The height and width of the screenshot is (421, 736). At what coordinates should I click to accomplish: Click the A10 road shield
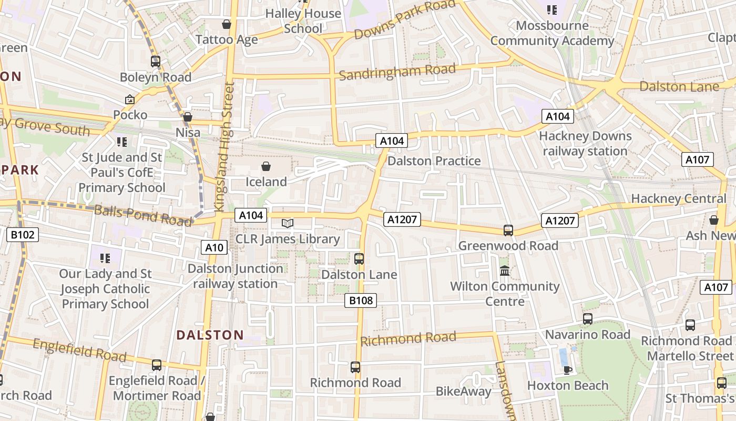click(214, 247)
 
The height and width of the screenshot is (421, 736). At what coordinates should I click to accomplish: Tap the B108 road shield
click(361, 300)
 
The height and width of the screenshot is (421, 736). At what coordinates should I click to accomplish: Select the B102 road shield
click(23, 235)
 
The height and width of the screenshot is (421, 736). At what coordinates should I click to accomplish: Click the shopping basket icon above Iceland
click(266, 167)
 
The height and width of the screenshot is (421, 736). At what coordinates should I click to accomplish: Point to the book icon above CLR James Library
click(287, 224)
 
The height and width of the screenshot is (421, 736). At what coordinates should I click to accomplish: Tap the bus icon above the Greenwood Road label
click(508, 230)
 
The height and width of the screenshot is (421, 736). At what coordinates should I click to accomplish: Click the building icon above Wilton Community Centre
click(505, 271)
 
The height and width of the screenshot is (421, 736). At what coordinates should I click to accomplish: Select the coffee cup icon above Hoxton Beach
click(567, 370)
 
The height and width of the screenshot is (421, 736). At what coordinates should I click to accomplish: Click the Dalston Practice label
click(434, 161)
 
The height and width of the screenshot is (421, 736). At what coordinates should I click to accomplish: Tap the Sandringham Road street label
click(397, 72)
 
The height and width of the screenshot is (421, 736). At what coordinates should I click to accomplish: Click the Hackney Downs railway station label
click(585, 144)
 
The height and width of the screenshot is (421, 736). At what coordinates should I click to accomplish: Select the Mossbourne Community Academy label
click(552, 33)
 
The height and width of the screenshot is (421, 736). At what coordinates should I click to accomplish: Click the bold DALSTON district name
click(210, 335)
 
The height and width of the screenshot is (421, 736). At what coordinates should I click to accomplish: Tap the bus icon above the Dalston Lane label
click(359, 259)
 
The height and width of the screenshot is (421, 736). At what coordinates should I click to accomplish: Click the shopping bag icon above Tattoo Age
click(227, 24)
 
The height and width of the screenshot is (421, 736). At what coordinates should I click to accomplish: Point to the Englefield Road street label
click(79, 351)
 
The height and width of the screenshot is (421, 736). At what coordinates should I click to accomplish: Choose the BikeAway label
click(463, 392)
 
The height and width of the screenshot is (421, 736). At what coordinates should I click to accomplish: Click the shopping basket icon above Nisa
click(188, 117)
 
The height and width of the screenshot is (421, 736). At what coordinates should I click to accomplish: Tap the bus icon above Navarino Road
click(587, 319)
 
